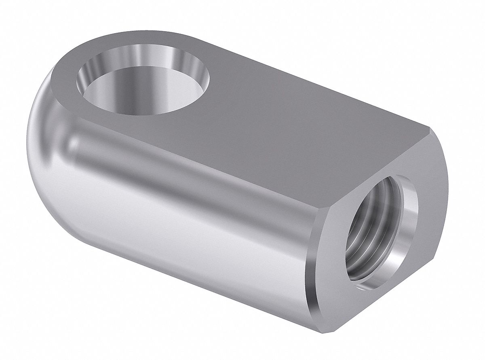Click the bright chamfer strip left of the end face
(x=313, y=263)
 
